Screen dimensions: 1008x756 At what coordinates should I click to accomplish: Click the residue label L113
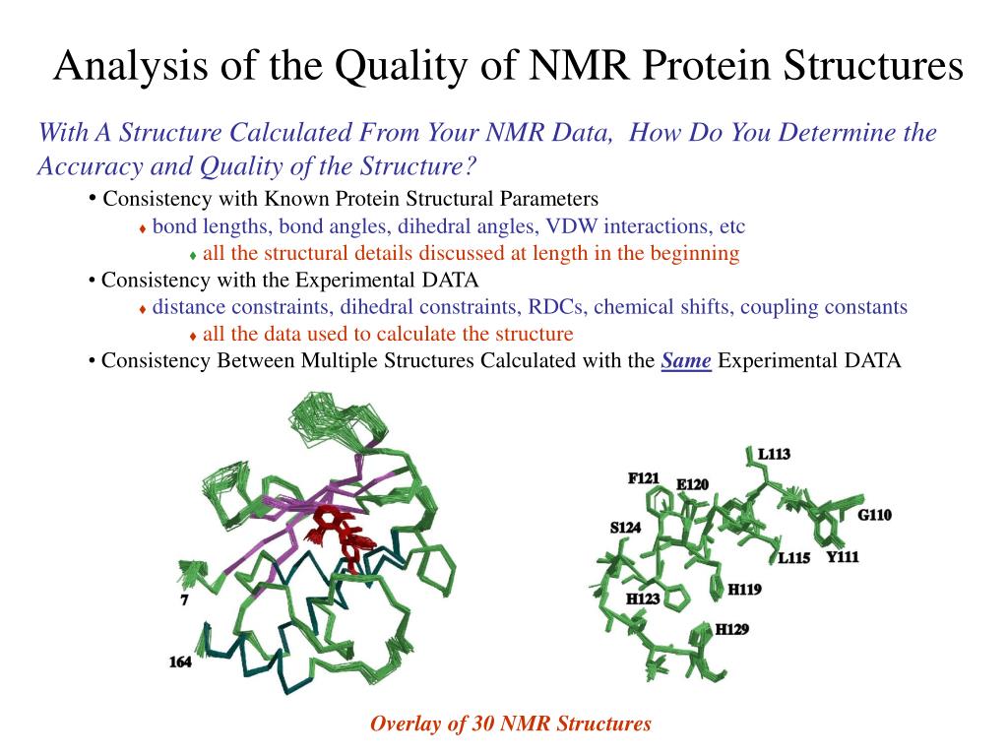point(774,454)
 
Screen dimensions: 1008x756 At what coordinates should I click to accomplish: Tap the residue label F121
point(644,477)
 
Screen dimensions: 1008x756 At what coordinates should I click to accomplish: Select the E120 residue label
point(692,484)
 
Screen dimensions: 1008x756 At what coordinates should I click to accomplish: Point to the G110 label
point(875,514)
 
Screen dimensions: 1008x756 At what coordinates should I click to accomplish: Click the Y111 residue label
point(843,556)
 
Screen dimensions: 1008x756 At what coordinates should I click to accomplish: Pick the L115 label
point(794,557)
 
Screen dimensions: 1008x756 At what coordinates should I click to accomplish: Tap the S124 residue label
point(625,528)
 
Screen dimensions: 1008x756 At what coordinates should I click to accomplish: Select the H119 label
point(744,589)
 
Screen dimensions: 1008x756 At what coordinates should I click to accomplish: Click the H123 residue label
point(644,598)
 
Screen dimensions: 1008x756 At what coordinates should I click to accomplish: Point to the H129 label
point(732,629)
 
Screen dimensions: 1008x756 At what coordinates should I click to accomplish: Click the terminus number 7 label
point(184,599)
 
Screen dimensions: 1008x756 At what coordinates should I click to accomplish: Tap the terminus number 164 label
point(181,661)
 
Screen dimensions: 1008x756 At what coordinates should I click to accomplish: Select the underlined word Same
point(686,360)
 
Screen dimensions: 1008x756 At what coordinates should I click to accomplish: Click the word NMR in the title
point(579,65)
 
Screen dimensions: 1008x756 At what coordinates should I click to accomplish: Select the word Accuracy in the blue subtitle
point(90,165)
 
